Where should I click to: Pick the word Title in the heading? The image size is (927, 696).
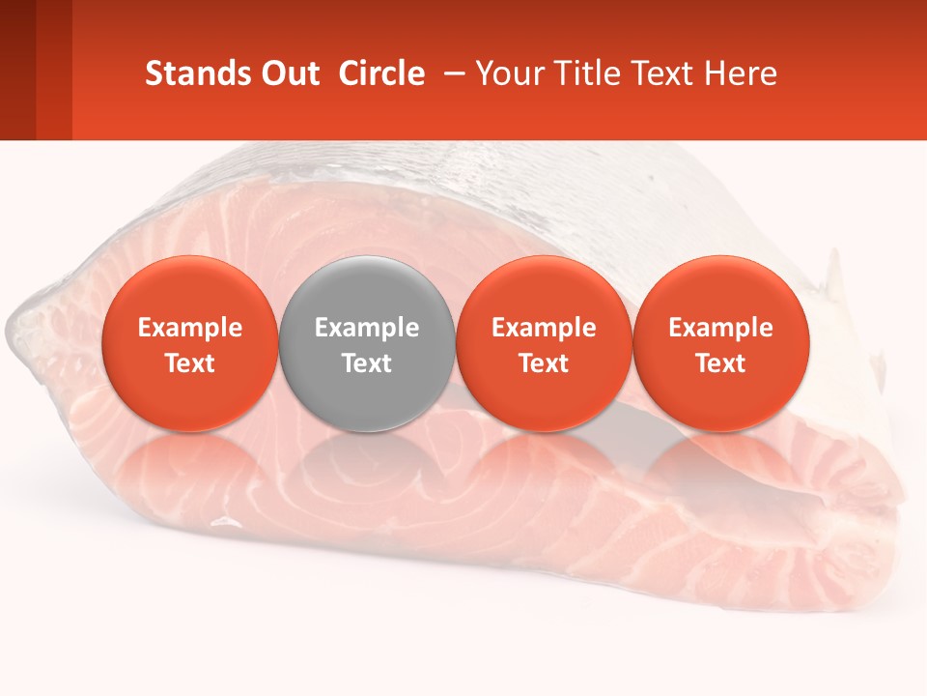coord(578,73)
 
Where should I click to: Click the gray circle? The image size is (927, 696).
coord(367,343)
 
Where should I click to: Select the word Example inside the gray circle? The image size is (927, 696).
coord(367,328)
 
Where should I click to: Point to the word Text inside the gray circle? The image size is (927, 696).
coord(367,363)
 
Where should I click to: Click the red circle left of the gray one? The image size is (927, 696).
coord(190,343)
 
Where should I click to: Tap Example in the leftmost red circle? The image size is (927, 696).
coord(190,328)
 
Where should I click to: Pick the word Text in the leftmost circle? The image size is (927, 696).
coord(190,363)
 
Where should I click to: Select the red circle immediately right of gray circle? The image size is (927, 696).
coord(544,343)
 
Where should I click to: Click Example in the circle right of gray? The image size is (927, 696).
coord(544,328)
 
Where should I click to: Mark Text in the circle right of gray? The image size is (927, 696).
coord(544,363)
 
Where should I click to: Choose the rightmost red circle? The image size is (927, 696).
coord(721,343)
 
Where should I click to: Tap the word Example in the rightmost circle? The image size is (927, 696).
coord(721,328)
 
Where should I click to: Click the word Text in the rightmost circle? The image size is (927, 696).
coord(721,363)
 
